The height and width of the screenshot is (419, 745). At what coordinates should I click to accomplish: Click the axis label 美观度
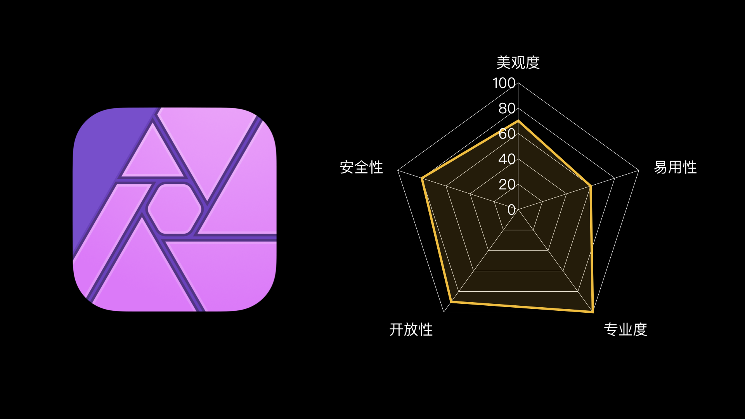tap(518, 62)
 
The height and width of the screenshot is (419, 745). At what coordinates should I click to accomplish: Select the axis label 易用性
tap(675, 167)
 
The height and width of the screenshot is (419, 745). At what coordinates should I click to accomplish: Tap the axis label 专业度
tap(625, 329)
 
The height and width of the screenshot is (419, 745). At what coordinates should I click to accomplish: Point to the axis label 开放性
tap(411, 329)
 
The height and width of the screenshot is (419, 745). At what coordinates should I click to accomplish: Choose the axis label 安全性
tap(361, 167)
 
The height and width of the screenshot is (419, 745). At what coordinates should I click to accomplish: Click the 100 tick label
tap(504, 83)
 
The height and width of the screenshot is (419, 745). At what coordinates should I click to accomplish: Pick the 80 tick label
tap(507, 108)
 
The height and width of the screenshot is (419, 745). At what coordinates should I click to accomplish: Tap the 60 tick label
tap(507, 134)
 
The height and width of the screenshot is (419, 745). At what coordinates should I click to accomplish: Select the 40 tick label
tap(507, 159)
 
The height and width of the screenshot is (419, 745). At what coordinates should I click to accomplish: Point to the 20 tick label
tap(507, 184)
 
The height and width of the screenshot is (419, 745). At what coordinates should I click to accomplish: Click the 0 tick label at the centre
tap(511, 210)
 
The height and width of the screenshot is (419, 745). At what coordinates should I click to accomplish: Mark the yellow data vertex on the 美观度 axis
tap(518, 121)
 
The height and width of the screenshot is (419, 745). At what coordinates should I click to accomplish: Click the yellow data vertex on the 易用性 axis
tap(591, 186)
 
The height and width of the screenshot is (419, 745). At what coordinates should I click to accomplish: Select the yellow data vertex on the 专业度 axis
tap(593, 311)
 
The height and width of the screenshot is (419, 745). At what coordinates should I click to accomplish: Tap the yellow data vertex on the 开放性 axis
tap(451, 301)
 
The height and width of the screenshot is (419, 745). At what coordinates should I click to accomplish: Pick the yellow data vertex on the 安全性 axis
tap(422, 178)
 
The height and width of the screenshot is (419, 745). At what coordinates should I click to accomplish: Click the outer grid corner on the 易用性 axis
tap(639, 170)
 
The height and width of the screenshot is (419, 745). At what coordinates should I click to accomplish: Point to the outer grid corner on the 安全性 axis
tap(398, 170)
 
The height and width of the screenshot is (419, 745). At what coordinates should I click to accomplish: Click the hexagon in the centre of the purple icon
tap(175, 209)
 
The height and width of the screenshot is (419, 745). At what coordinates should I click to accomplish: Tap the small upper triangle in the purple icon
tap(152, 155)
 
